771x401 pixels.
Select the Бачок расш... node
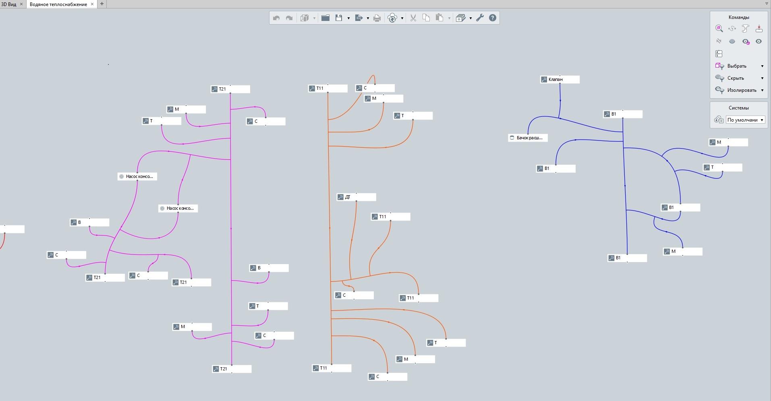click(528, 138)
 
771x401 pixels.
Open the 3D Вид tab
click(8, 4)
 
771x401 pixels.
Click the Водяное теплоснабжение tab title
click(58, 4)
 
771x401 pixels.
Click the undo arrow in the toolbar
click(276, 18)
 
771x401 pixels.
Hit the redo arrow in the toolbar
click(289, 18)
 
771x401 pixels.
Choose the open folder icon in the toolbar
click(325, 18)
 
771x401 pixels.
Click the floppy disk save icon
click(339, 18)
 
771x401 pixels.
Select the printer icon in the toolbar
click(377, 18)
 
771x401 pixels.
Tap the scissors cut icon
click(413, 18)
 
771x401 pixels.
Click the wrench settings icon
click(480, 18)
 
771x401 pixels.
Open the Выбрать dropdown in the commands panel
click(762, 66)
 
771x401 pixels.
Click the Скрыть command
click(736, 78)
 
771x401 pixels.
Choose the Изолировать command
click(742, 90)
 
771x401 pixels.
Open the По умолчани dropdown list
click(745, 120)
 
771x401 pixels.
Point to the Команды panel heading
click(739, 17)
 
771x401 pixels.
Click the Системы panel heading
click(739, 108)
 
